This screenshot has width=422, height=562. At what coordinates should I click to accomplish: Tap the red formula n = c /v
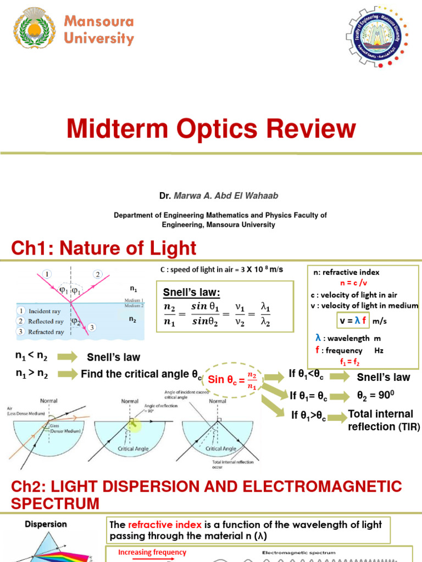tap(356, 283)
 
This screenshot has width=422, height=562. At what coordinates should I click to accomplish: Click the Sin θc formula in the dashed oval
tap(233, 379)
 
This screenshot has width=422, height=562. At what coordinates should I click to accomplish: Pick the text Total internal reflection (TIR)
tap(380, 420)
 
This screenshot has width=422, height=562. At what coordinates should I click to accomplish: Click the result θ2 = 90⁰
tap(376, 395)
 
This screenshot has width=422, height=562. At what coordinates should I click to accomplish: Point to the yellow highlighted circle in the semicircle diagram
tap(134, 424)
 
